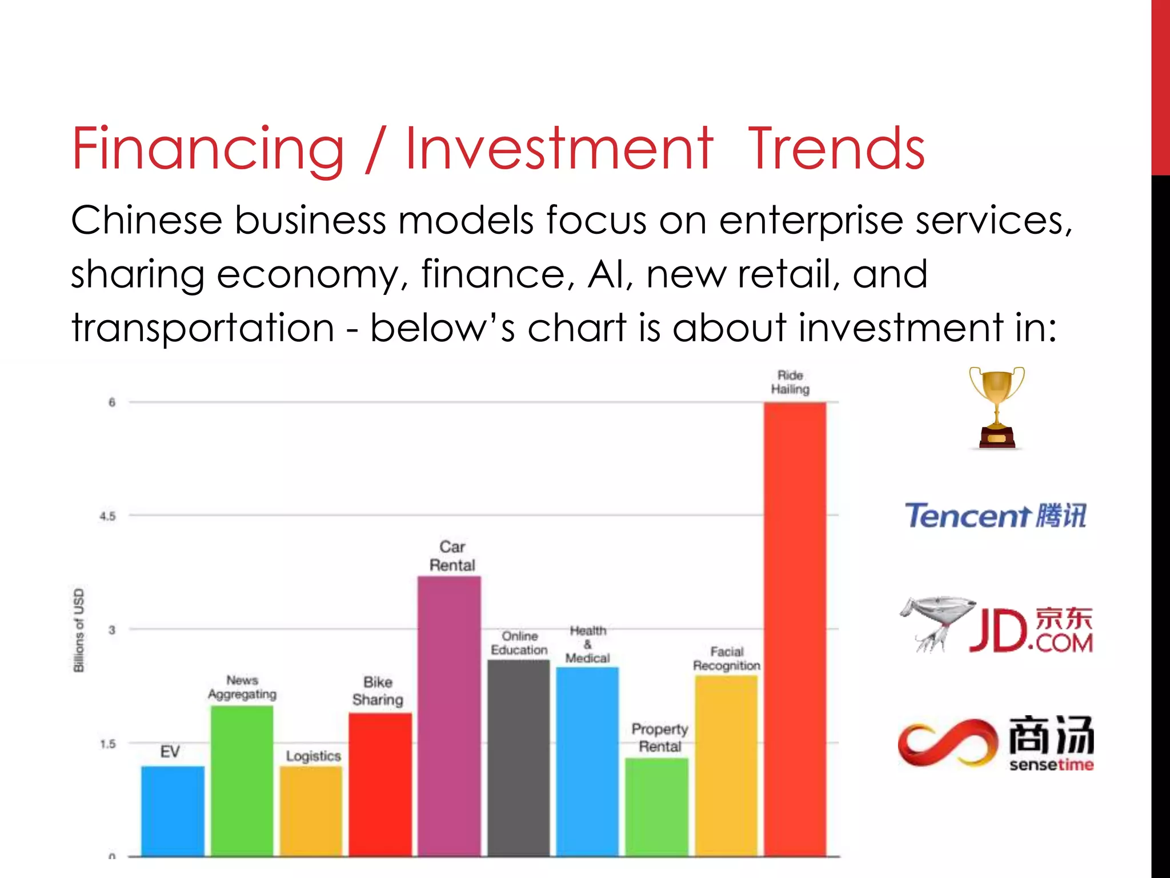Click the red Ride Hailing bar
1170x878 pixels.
pos(795,629)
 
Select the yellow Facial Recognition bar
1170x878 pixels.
pos(726,766)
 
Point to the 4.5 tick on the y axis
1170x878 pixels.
pos(107,516)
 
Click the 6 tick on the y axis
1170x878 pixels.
pos(112,402)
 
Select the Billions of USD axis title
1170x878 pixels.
pos(79,630)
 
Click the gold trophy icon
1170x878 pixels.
pos(997,406)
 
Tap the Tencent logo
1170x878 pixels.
pos(995,516)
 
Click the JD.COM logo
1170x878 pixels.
pos(997,626)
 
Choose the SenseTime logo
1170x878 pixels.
pos(996,741)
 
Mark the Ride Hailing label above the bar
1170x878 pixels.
pos(790,382)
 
